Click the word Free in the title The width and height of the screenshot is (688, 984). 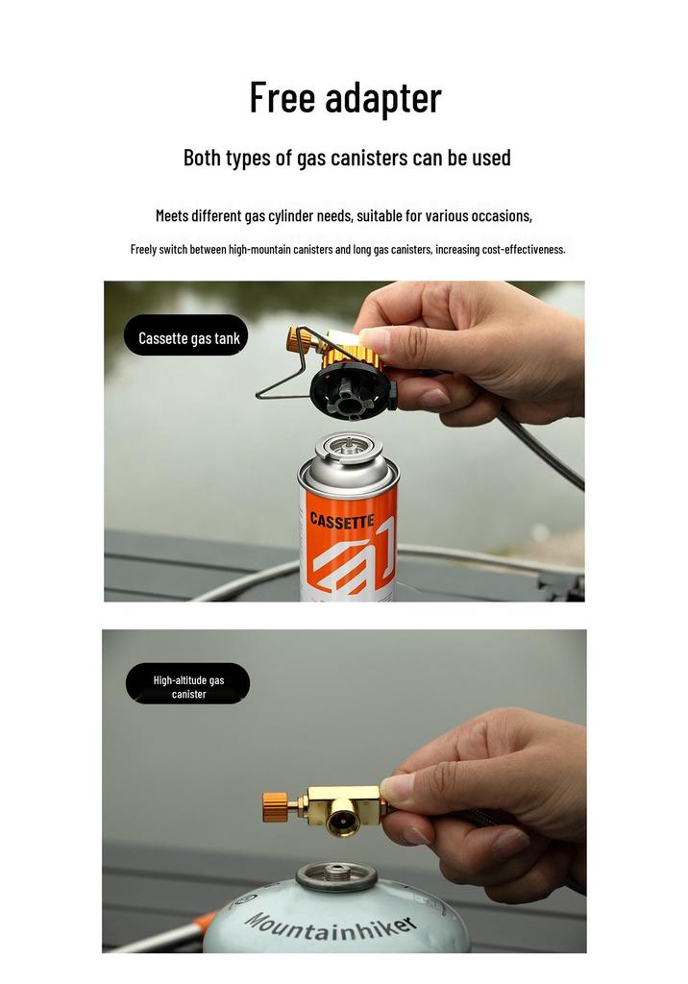[283, 97]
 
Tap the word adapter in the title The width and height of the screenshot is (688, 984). [383, 99]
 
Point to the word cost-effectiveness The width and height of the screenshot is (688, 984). [524, 249]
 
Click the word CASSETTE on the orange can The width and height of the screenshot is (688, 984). [342, 520]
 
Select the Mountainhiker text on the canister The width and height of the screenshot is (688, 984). [331, 927]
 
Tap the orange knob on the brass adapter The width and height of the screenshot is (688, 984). [275, 807]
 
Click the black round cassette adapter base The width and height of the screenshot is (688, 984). [353, 391]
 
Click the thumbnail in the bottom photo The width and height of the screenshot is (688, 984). [398, 786]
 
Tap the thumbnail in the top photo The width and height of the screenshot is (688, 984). [375, 339]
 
